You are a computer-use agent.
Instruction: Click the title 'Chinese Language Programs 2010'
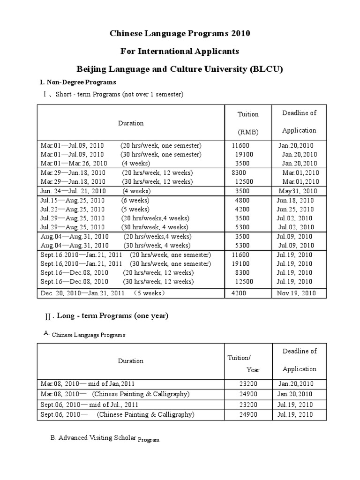(180, 33)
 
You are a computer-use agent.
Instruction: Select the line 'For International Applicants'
(180, 51)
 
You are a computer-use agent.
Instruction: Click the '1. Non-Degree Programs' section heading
(77, 82)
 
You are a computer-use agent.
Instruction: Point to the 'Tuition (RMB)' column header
(248, 123)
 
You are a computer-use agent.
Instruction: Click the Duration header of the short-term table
(131, 123)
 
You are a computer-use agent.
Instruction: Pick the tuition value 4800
(243, 200)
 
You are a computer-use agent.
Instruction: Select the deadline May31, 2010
(298, 191)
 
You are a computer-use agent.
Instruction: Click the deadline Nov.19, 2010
(297, 293)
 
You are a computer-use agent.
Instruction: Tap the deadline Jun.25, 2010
(295, 209)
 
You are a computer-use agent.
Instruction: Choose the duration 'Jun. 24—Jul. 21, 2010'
(73, 191)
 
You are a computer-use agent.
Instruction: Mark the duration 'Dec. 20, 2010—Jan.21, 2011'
(82, 293)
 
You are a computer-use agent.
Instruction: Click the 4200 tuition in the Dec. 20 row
(240, 293)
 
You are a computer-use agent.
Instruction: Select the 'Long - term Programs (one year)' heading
(112, 316)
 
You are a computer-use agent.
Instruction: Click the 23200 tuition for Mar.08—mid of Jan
(247, 384)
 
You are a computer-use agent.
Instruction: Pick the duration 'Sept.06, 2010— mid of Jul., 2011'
(90, 405)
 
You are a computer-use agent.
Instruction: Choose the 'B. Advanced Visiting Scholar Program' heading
(105, 439)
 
